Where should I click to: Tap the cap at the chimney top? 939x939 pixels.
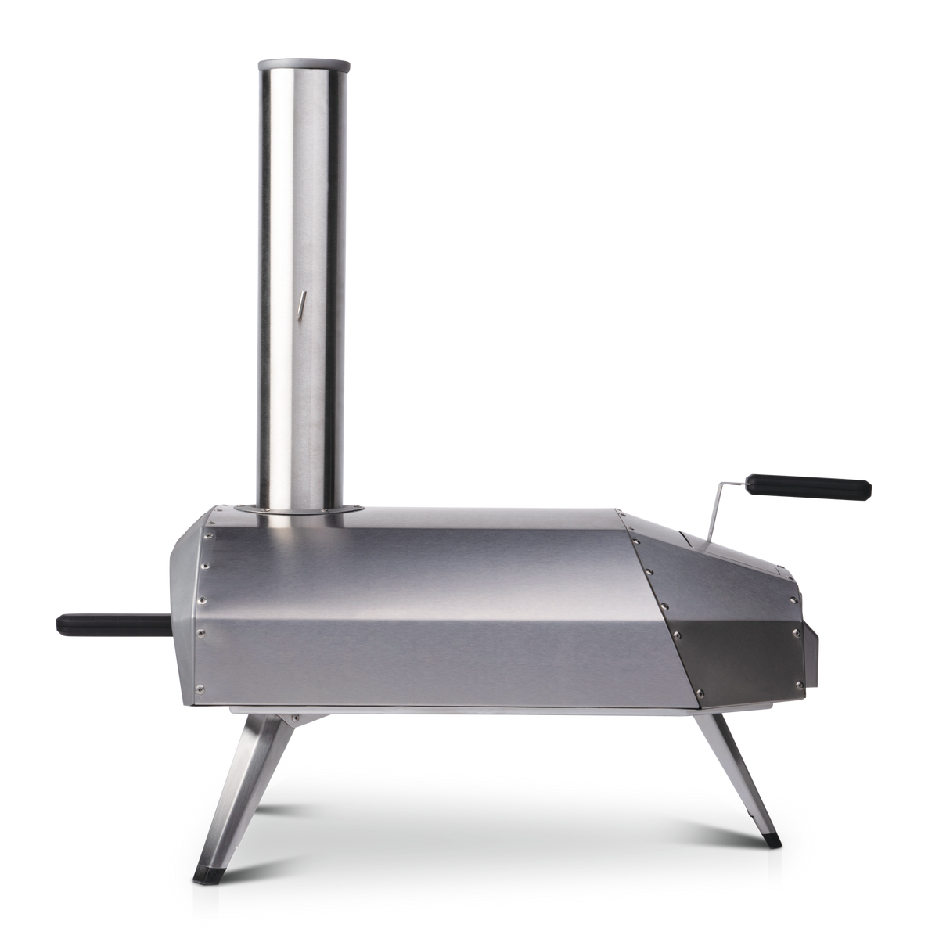pyautogui.click(x=300, y=61)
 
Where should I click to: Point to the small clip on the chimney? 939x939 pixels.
pyautogui.click(x=298, y=304)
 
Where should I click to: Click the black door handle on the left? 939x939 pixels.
pyautogui.click(x=86, y=624)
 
